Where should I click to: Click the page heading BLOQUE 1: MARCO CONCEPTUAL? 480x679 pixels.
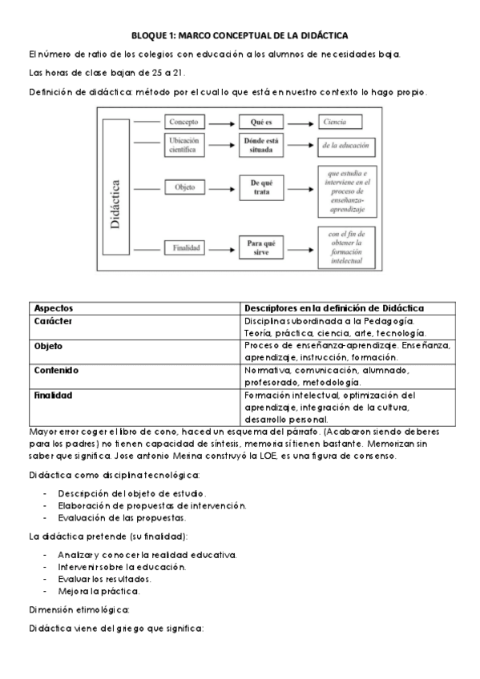tap(240, 36)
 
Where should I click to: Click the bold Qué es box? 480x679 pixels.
tap(262, 123)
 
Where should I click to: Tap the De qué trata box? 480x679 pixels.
tap(262, 187)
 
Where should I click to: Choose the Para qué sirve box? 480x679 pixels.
tap(262, 247)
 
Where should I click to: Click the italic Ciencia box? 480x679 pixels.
tap(339, 123)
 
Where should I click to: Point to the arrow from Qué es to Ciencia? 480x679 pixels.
tap(300, 123)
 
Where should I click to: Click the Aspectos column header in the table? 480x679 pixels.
tap(54, 308)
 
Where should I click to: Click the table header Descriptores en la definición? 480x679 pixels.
tap(334, 308)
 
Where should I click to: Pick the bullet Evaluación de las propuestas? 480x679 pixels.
tap(122, 517)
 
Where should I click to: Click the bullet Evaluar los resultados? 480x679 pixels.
tap(104, 578)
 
